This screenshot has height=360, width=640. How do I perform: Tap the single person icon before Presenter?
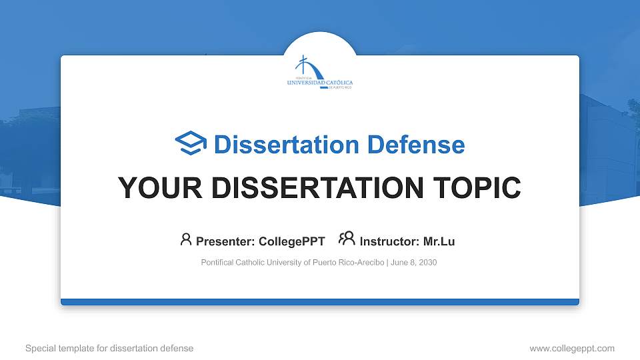coord(186,239)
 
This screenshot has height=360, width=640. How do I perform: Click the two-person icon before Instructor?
coord(347,239)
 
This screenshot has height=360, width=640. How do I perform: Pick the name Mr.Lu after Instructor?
coord(439,241)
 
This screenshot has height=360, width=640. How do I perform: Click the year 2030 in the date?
coord(427,263)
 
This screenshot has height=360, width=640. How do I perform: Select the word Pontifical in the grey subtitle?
coord(217,263)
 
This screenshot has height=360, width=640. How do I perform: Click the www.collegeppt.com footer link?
coord(572,349)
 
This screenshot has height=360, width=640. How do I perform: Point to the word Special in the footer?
coord(39,349)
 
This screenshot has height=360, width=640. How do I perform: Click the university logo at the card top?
coord(320,73)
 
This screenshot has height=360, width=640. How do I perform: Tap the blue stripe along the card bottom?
coord(320,302)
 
